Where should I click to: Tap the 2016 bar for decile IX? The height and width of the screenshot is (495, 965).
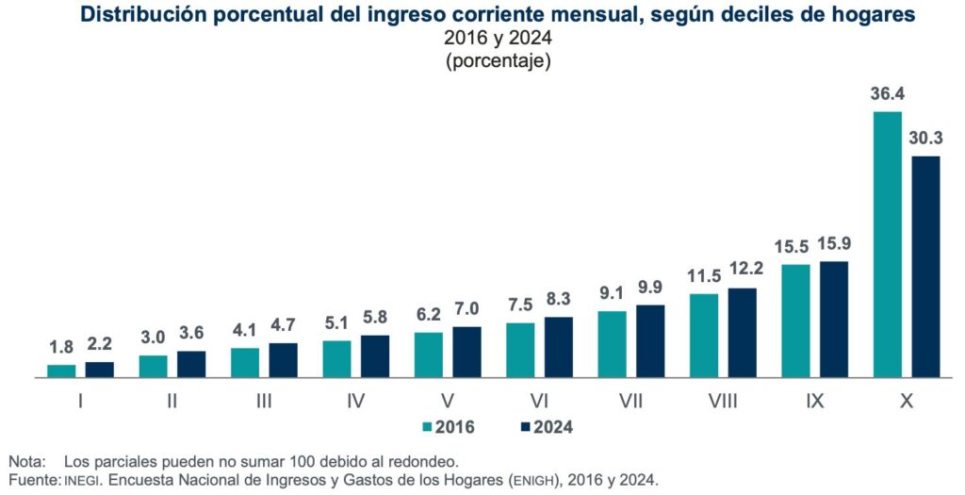795,321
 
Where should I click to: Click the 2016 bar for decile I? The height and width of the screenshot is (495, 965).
61,371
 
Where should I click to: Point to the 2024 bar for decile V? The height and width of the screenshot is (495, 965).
466,352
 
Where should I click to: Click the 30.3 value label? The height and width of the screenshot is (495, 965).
925,139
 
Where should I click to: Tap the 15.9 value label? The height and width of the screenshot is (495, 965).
834,243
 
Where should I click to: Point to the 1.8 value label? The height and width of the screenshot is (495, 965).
61,347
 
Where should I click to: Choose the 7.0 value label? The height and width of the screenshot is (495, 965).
466,309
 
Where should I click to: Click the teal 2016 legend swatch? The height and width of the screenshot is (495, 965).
428,427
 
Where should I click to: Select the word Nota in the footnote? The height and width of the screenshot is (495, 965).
27,462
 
